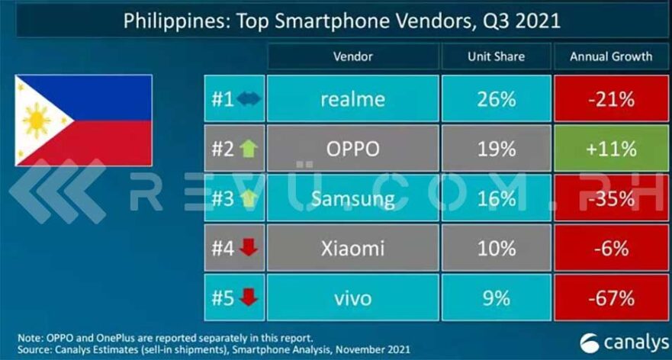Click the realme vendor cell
pos(352,99)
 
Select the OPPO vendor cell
pos(352,149)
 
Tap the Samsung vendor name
pos(352,198)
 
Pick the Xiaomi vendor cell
pos(352,248)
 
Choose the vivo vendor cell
pos(352,297)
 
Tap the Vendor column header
pos(352,56)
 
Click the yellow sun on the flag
pos(37,121)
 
